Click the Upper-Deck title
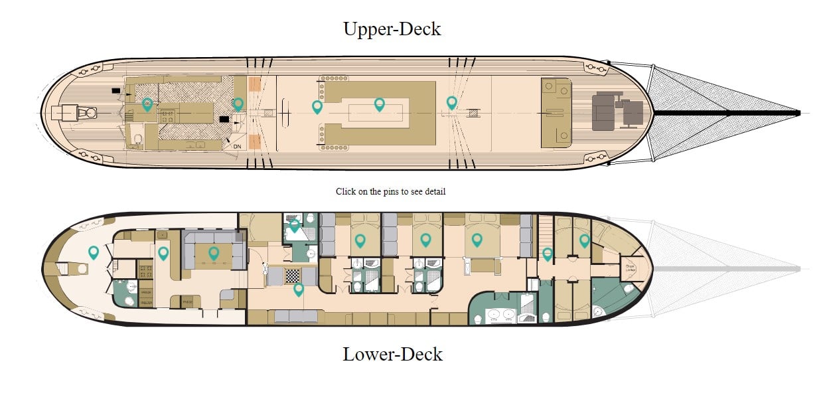(392, 29)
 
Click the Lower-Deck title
(392, 354)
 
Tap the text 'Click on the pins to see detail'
(390, 191)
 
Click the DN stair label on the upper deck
(237, 146)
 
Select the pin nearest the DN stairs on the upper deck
(238, 104)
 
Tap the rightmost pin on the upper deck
(451, 102)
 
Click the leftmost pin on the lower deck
(94, 252)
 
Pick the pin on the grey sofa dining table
(214, 252)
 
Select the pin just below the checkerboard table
(299, 289)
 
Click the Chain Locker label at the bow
(629, 270)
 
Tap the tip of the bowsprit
(798, 113)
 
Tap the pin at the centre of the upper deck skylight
(379, 104)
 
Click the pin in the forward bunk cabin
(584, 240)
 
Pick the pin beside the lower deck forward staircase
(547, 253)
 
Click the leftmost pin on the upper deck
(147, 104)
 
